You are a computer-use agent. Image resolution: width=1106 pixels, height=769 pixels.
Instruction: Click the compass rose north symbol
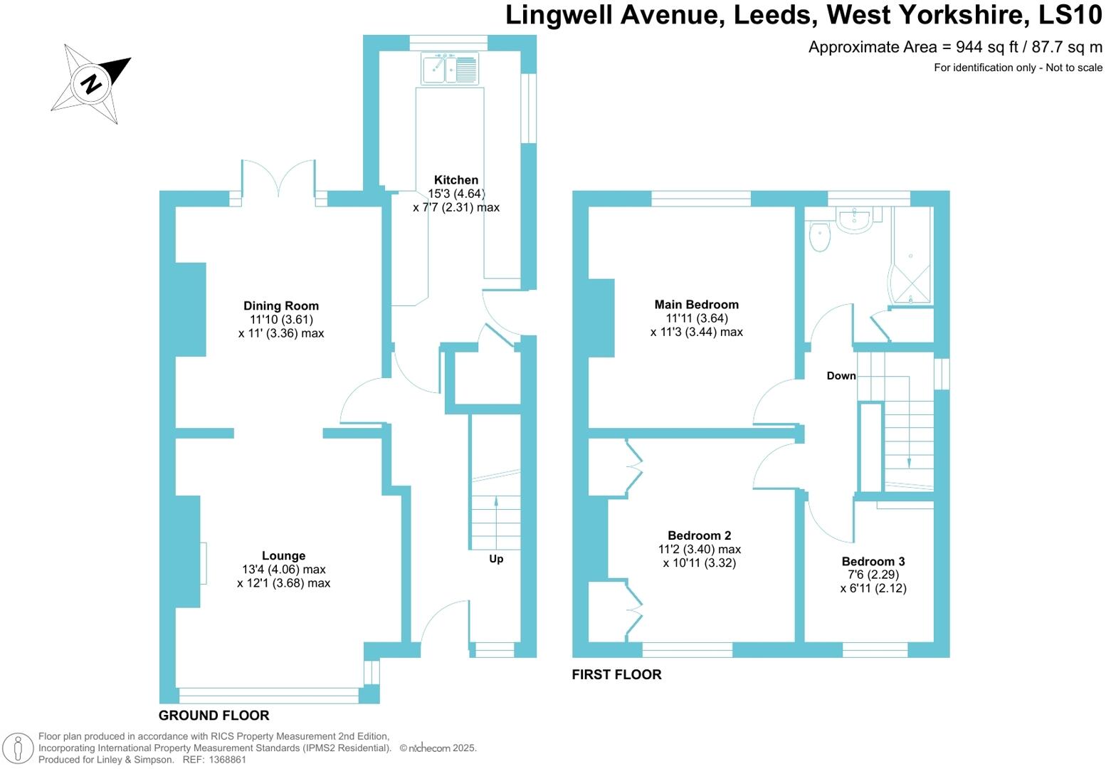pyautogui.click(x=91, y=84)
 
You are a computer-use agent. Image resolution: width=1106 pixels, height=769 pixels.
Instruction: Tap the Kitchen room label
pyautogui.click(x=456, y=180)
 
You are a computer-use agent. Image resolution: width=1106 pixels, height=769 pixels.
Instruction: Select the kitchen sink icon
pyautogui.click(x=450, y=70)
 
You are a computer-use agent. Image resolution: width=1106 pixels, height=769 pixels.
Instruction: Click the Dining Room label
pyautogui.click(x=281, y=306)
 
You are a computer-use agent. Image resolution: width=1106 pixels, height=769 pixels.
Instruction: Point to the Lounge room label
pyautogui.click(x=283, y=556)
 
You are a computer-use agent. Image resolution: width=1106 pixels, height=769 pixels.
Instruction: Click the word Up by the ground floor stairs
pyautogui.click(x=496, y=559)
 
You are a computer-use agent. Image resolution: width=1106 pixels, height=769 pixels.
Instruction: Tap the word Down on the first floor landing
pyautogui.click(x=841, y=376)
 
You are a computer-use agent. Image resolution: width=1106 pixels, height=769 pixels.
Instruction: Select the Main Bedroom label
pyautogui.click(x=696, y=305)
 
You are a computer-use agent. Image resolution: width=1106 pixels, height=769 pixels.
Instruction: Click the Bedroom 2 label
pyautogui.click(x=699, y=536)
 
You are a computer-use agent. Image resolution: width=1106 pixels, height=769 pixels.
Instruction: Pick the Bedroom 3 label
pyautogui.click(x=873, y=562)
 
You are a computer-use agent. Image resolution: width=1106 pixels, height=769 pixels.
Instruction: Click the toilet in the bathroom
pyautogui.click(x=820, y=237)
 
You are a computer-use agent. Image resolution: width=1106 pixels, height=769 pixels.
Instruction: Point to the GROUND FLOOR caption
pyautogui.click(x=214, y=716)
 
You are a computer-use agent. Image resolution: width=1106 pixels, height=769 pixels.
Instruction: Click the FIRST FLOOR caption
pyautogui.click(x=616, y=674)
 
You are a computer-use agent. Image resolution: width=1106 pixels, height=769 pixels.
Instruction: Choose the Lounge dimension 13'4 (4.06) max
pyautogui.click(x=283, y=570)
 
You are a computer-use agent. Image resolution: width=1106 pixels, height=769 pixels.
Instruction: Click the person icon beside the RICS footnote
pyautogui.click(x=19, y=748)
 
